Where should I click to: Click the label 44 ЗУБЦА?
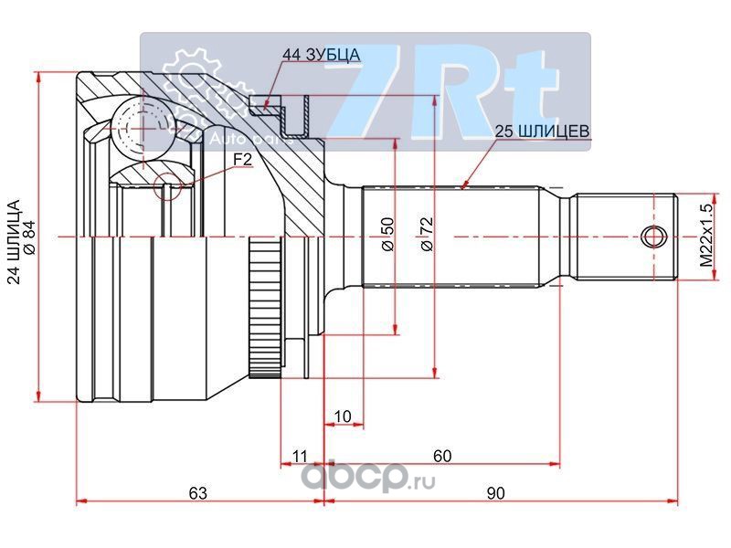[322, 55]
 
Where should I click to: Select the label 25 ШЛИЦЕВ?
[542, 132]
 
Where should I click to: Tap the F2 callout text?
[242, 160]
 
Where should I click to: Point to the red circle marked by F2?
[167, 186]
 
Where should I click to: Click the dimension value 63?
[198, 492]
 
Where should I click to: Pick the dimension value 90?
[495, 492]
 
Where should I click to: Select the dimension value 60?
[442, 455]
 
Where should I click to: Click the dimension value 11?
[300, 456]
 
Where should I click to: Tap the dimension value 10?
[344, 416]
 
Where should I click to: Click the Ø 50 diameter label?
[387, 235]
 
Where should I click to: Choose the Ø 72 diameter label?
[427, 235]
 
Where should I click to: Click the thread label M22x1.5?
[707, 236]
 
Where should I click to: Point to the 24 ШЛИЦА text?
[15, 242]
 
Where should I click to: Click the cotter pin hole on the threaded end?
[654, 237]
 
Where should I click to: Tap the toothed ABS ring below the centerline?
[265, 308]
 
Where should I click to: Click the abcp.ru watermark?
[368, 476]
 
